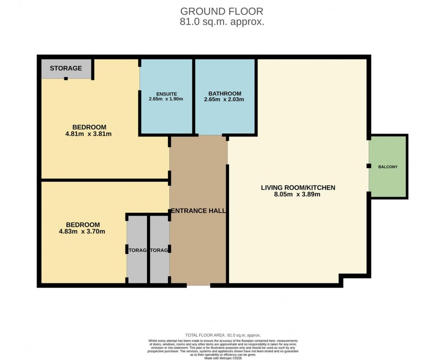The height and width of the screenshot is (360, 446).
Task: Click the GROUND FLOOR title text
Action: tap(222, 11)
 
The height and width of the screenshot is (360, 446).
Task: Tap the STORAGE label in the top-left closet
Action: tap(66, 68)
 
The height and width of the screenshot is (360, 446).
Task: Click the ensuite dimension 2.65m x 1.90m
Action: tap(166, 99)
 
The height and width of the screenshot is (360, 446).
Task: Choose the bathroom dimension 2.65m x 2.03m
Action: tap(223, 99)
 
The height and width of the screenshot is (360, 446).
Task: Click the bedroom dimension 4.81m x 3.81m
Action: tap(89, 134)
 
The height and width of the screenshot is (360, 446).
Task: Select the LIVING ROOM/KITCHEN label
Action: tap(298, 188)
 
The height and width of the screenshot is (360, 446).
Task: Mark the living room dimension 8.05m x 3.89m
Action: tap(298, 194)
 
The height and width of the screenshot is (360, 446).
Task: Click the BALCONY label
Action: tap(388, 167)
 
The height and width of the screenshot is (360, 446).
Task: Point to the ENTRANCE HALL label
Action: tap(198, 211)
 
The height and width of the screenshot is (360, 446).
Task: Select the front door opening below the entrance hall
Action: tap(198, 285)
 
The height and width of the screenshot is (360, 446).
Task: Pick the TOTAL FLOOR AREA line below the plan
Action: tap(223, 335)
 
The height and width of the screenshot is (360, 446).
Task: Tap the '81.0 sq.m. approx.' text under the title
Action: tap(222, 21)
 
